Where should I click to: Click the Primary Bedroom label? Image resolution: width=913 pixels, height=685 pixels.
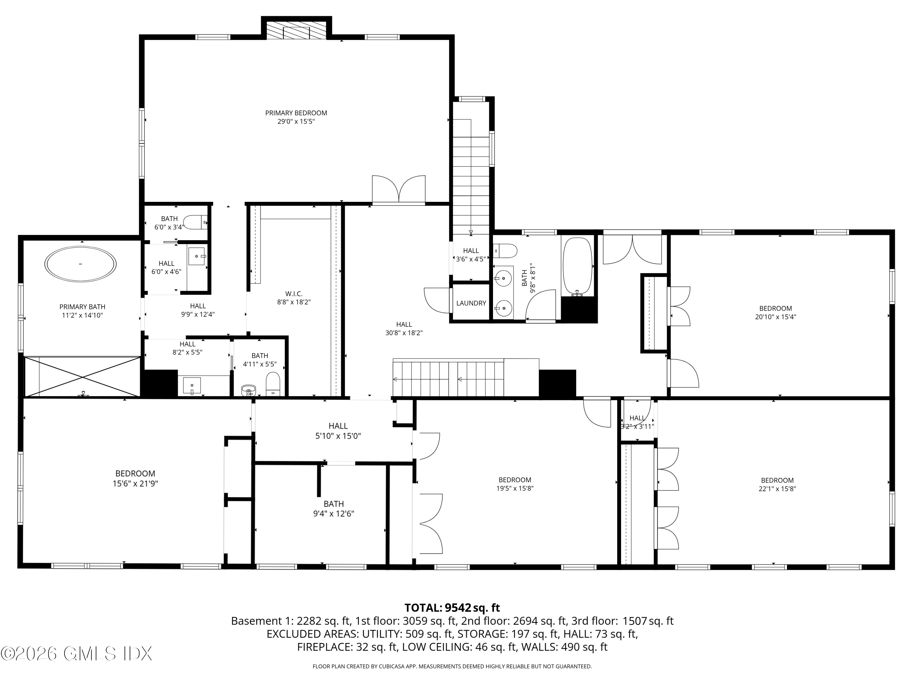click(x=296, y=113)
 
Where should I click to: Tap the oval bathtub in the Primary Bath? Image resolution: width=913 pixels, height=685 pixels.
click(x=80, y=264)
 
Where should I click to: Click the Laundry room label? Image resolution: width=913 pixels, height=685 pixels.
click(x=471, y=303)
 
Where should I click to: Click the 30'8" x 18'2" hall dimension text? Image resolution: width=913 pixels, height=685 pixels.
click(x=404, y=333)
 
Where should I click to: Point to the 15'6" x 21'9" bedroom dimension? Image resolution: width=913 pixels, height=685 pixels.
click(x=135, y=483)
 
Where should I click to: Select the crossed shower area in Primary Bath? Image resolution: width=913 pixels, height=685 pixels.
click(x=82, y=377)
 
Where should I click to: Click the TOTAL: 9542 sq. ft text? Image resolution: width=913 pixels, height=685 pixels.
click(x=452, y=608)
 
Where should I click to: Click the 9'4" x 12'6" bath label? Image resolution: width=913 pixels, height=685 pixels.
click(x=334, y=509)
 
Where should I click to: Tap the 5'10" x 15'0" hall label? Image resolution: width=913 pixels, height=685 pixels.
click(x=338, y=431)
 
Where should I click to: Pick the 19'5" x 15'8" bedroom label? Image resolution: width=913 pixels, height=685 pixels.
click(x=515, y=484)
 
